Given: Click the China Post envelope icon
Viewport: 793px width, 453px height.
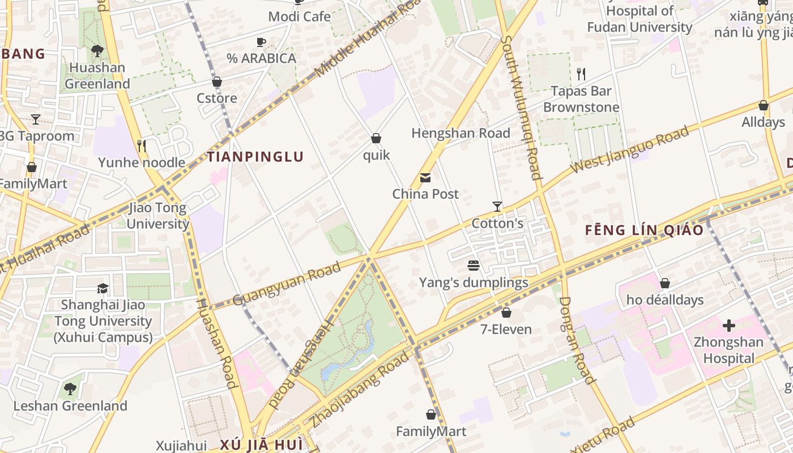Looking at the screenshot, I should (x=425, y=178).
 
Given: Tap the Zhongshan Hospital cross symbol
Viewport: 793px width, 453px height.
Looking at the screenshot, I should (x=729, y=326).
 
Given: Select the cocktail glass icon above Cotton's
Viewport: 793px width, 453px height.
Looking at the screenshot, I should (x=497, y=207).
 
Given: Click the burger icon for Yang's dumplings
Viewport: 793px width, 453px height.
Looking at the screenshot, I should (x=474, y=266).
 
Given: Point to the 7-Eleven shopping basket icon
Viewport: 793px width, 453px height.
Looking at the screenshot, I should (x=506, y=313).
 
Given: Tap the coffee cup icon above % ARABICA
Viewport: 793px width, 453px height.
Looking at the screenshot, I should (x=261, y=42).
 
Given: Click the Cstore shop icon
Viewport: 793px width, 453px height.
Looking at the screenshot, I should (x=216, y=82).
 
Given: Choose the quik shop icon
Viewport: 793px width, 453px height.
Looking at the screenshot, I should (x=376, y=138).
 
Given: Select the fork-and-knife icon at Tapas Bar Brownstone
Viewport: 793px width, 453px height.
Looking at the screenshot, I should (x=581, y=74).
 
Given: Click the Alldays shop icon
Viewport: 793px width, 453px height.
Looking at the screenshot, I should (x=763, y=105).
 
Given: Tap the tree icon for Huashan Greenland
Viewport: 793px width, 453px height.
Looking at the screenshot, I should (x=97, y=51).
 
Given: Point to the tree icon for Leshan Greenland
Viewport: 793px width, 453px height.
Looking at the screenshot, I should (x=70, y=389).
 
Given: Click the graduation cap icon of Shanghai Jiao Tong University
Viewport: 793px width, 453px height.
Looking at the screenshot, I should (x=103, y=288).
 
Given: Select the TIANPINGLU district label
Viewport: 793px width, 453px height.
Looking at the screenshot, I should (x=255, y=157).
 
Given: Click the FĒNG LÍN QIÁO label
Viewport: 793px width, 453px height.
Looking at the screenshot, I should (x=644, y=230).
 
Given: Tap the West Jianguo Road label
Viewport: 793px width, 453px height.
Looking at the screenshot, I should (x=630, y=150).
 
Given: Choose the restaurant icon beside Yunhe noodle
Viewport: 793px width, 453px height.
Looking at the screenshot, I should (x=142, y=146).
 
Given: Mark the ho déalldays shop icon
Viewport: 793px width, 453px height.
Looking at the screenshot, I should (x=665, y=283).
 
